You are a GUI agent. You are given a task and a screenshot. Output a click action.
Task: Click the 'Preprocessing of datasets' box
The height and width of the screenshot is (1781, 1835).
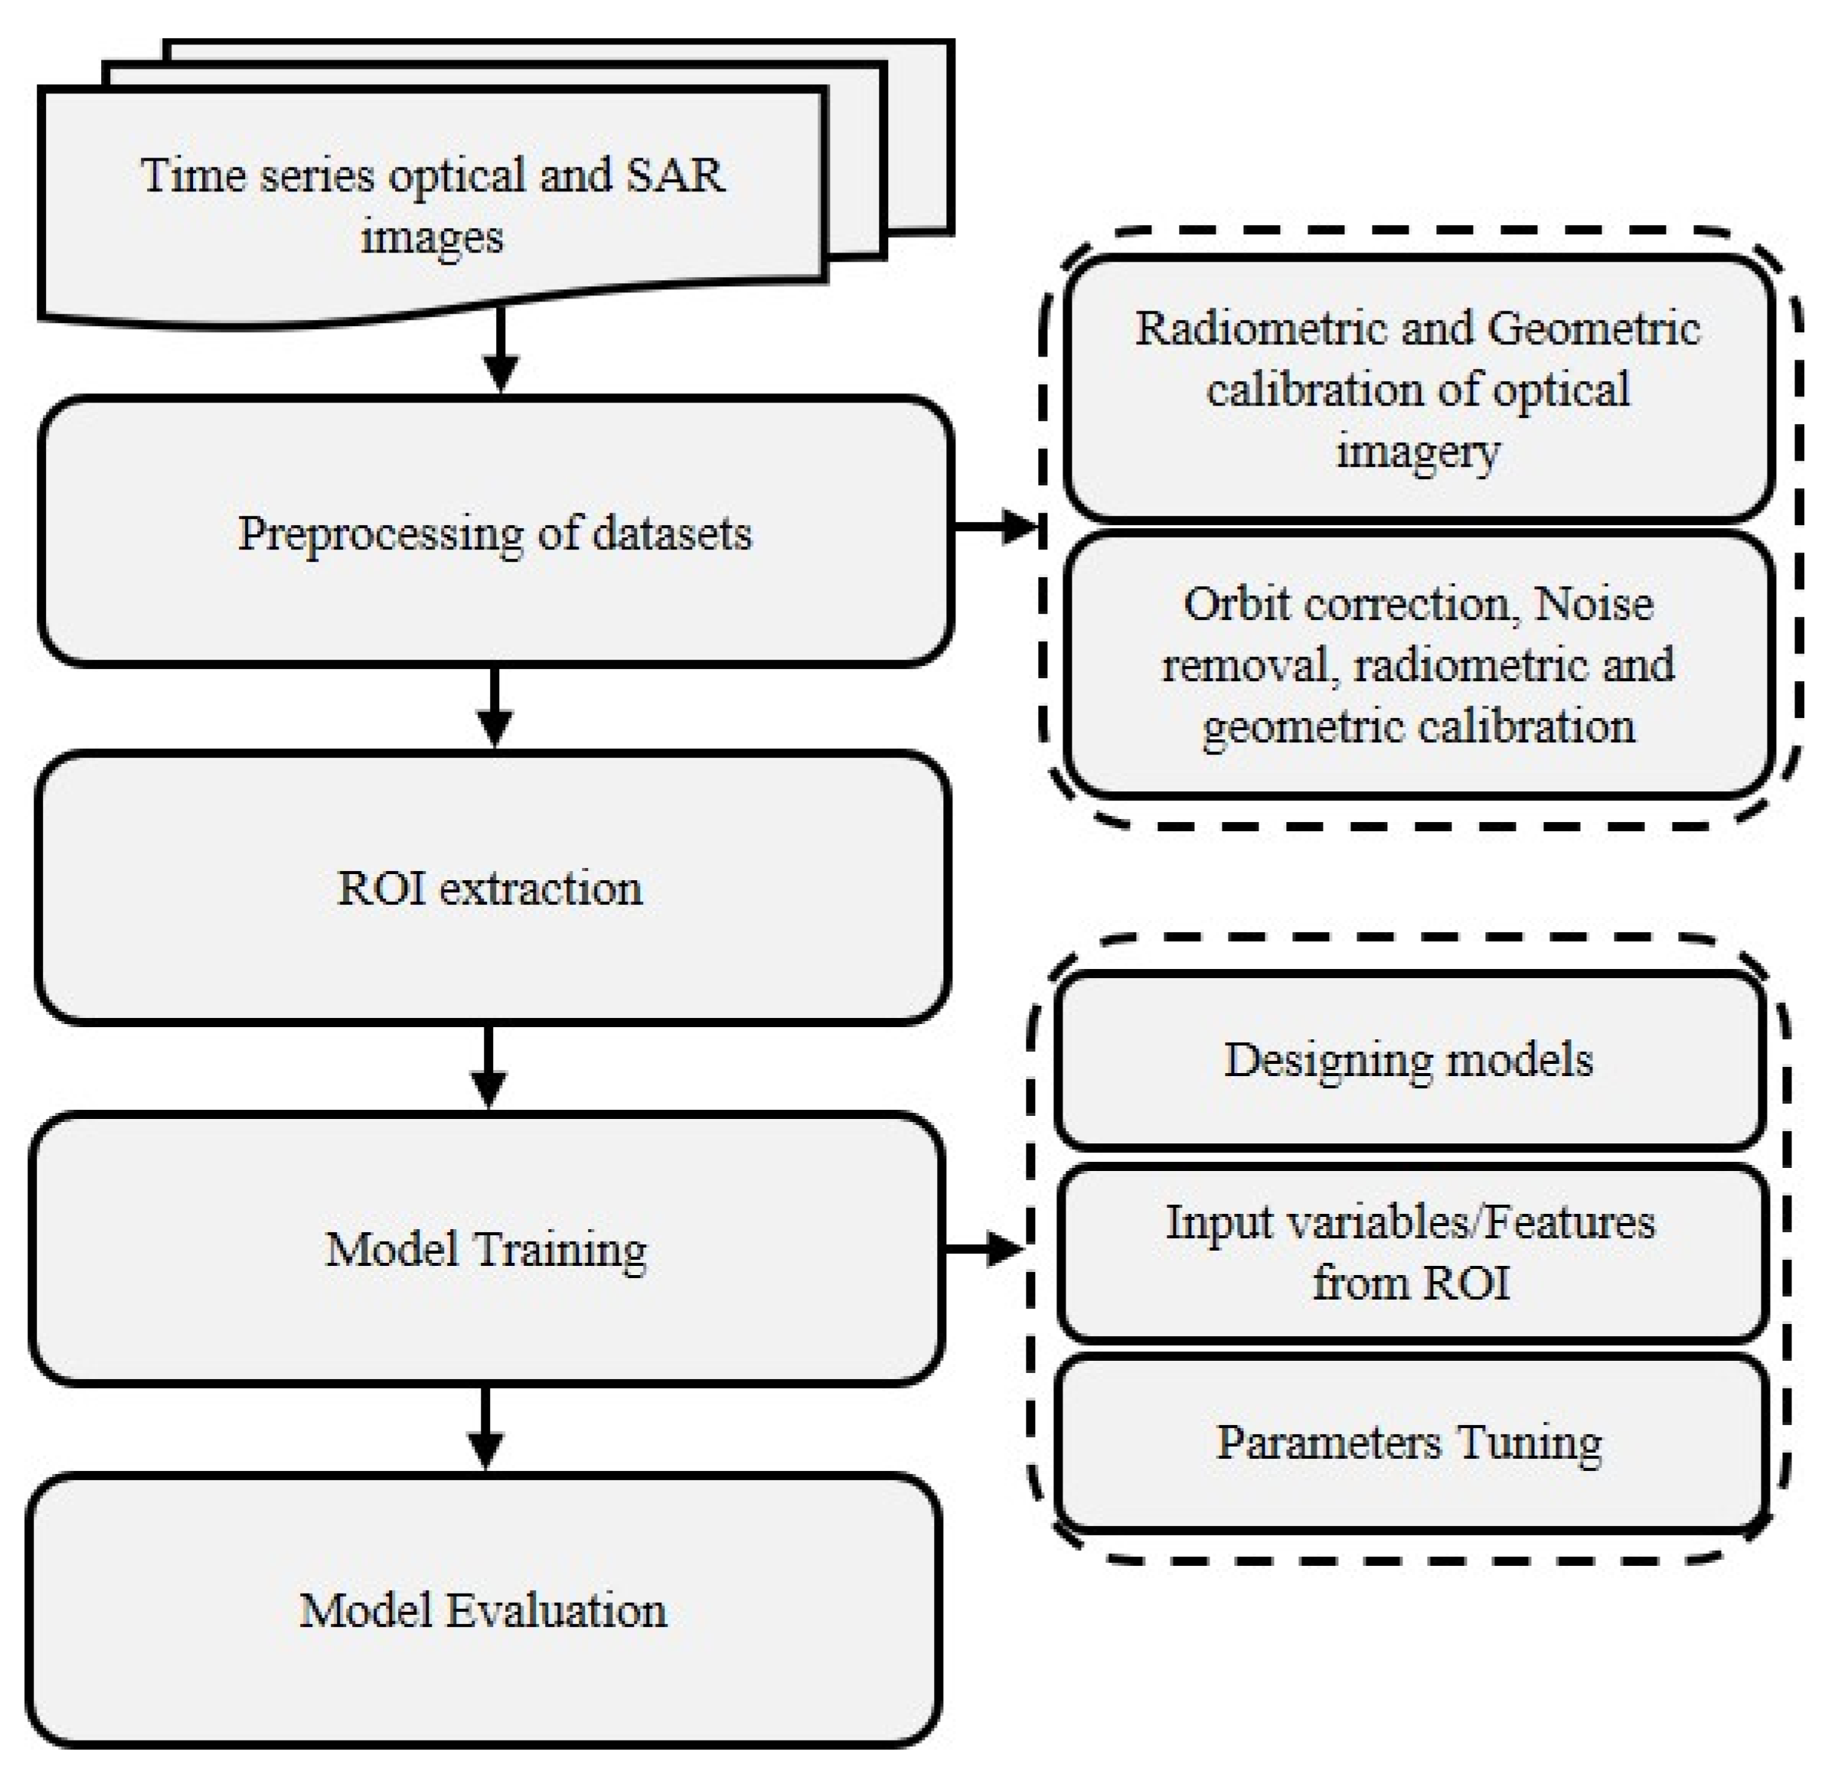click(x=495, y=532)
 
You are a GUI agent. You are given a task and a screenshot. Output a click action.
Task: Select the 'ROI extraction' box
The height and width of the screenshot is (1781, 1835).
click(x=491, y=886)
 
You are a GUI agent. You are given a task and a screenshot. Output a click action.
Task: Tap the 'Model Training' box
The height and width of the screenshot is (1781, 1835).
click(x=485, y=1248)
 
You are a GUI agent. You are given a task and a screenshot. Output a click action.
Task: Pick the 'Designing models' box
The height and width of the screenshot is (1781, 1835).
click(x=1409, y=1060)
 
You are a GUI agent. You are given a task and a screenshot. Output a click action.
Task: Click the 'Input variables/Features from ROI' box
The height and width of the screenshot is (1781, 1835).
click(x=1410, y=1252)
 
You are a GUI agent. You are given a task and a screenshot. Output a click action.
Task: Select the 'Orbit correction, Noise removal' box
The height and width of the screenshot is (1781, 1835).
click(x=1419, y=664)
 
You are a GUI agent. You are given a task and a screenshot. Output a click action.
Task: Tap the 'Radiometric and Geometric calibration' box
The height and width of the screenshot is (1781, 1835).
click(x=1419, y=388)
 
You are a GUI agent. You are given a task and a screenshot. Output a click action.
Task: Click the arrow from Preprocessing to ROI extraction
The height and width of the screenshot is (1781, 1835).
click(x=495, y=707)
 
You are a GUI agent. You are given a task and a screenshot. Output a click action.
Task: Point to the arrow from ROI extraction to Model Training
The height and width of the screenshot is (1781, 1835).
click(x=488, y=1068)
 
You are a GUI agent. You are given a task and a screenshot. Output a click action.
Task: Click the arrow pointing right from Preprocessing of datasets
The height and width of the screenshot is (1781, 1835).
click(x=996, y=527)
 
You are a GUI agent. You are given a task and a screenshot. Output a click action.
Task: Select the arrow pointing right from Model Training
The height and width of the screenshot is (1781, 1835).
click(x=983, y=1249)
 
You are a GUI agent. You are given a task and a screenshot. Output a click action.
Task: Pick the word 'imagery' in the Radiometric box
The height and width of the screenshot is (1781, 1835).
click(x=1418, y=450)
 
